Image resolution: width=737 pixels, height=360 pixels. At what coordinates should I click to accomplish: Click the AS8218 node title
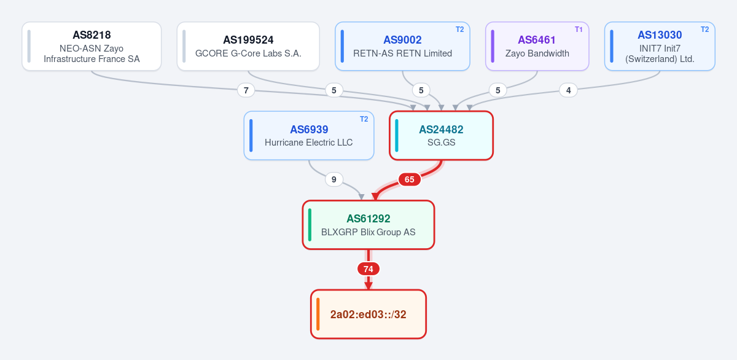(92, 35)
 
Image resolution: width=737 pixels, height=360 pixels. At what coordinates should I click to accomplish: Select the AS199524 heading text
(248, 40)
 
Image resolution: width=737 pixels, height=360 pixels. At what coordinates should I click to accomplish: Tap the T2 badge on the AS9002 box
(459, 29)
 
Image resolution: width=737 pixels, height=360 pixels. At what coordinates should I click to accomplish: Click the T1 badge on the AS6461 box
(579, 29)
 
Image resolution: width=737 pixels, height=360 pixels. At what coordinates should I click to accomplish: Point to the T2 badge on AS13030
(705, 29)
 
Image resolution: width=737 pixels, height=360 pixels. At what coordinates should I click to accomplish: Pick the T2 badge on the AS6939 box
(364, 119)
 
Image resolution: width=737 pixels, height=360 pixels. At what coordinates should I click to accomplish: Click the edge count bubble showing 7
(246, 90)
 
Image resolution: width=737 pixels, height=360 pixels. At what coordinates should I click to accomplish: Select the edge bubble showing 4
(568, 90)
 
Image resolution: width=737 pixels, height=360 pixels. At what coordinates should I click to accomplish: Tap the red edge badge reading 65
(409, 179)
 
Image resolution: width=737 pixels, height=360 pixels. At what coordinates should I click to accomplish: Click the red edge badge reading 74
(368, 269)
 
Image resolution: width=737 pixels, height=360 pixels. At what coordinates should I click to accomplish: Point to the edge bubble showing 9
(333, 179)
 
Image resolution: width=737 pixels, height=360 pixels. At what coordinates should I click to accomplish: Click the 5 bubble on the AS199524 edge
(333, 90)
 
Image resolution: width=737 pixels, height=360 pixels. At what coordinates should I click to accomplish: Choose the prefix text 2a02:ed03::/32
(368, 315)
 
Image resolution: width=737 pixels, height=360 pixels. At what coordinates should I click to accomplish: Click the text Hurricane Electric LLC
(308, 143)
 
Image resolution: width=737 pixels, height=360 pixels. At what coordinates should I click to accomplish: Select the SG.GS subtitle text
(441, 143)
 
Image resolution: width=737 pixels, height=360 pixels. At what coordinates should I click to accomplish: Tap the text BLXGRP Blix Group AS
(368, 232)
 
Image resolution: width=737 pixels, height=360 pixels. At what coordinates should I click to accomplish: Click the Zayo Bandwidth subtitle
(537, 53)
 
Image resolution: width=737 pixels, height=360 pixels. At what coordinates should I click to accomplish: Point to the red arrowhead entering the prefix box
(368, 286)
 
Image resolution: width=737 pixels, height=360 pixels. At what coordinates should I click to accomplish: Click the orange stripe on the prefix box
(318, 314)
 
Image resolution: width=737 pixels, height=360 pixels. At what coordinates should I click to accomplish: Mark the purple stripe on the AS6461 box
(493, 46)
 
